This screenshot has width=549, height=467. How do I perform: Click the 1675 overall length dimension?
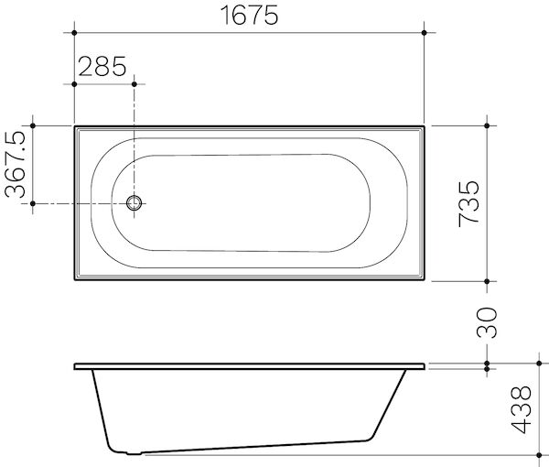pyautogui.click(x=247, y=16)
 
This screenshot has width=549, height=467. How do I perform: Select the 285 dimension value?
pyautogui.click(x=102, y=67)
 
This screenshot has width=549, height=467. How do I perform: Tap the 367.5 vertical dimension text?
pyautogui.click(x=16, y=164)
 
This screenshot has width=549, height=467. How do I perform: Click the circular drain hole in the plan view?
pyautogui.click(x=135, y=203)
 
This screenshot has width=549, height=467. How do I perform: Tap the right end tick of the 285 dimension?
pyautogui.click(x=135, y=83)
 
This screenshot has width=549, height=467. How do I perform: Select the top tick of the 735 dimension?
pyautogui.click(x=488, y=125)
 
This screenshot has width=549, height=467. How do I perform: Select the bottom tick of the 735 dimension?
pyautogui.click(x=488, y=280)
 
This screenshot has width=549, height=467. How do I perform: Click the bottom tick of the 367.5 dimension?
pyautogui.click(x=33, y=203)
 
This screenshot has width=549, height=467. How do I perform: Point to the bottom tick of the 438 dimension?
pyautogui.click(x=488, y=454)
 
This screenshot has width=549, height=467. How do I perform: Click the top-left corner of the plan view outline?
pyautogui.click(x=74, y=126)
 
